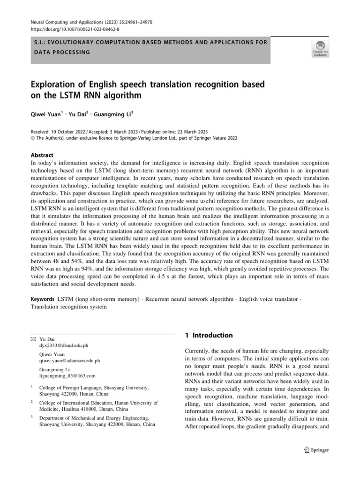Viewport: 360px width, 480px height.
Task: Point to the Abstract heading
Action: pyautogui.click(x=42, y=155)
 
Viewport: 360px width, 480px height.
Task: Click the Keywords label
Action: pyautogui.click(x=43, y=299)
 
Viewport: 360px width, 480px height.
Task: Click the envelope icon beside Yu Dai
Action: pyautogui.click(x=33, y=338)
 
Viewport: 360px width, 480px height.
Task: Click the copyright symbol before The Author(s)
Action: pyautogui.click(x=33, y=138)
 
